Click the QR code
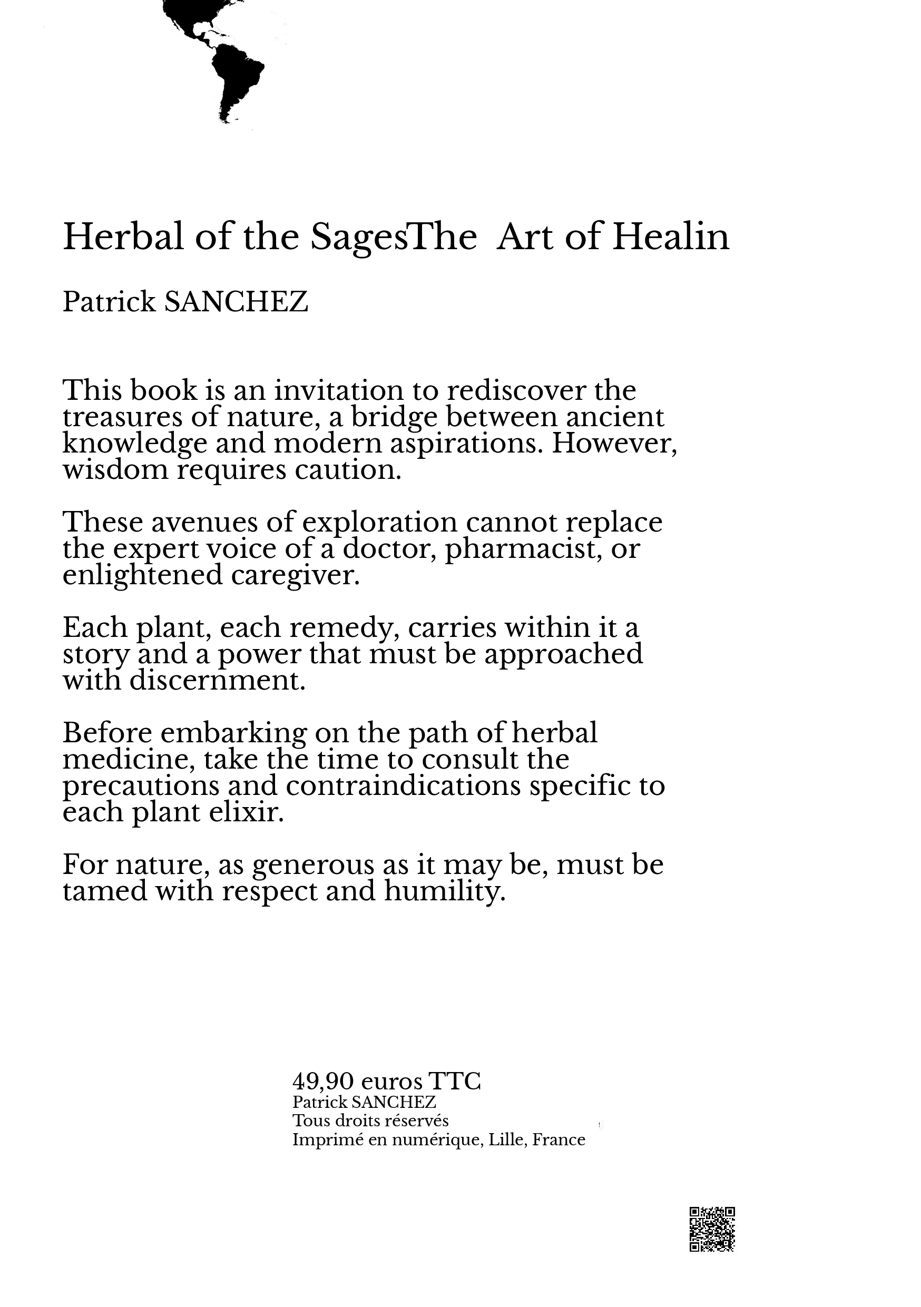click(x=712, y=1230)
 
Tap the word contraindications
click(x=403, y=786)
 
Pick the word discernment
click(x=218, y=680)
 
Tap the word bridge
click(x=394, y=417)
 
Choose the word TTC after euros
click(x=454, y=1080)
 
